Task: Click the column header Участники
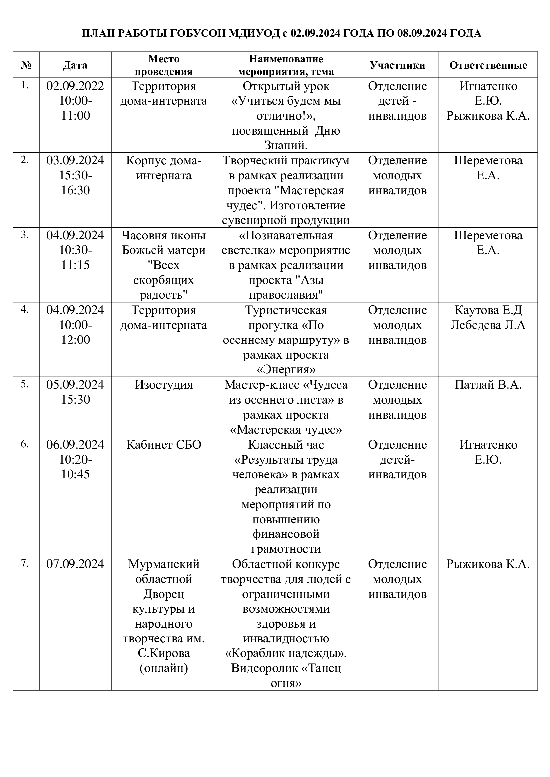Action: pos(397,65)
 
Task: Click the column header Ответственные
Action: pos(488,65)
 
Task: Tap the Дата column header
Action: pos(75,65)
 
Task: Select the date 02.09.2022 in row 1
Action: pos(75,86)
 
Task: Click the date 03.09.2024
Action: pos(75,160)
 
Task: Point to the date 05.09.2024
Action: pos(75,385)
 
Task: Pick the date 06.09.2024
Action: pos(75,445)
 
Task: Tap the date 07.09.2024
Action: pos(75,564)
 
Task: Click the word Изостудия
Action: pos(164,385)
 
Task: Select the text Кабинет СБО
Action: pos(164,445)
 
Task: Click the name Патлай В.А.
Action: pos(488,385)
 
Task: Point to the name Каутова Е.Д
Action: pos(488,310)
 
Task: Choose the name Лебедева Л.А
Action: pos(488,325)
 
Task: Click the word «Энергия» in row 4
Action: pos(286,369)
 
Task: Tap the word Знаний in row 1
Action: pos(286,146)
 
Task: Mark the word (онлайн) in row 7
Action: pos(164,668)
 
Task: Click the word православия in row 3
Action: pos(286,295)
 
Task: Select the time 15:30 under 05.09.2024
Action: pos(75,400)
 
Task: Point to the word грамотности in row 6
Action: pos(286,549)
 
